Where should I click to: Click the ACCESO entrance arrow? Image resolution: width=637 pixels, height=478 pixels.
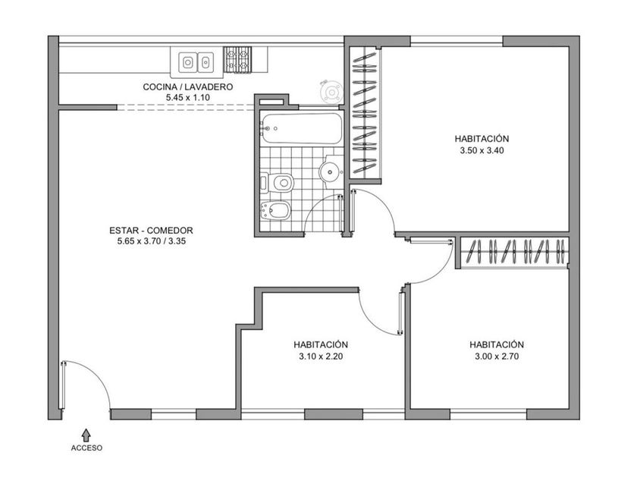(x=86, y=435)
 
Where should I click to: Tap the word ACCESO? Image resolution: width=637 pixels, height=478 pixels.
(x=86, y=448)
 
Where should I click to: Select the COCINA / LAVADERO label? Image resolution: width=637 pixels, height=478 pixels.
(x=188, y=86)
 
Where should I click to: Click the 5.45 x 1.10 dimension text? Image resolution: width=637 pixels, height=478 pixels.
(x=188, y=98)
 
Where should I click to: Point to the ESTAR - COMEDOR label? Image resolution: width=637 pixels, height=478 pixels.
(x=151, y=231)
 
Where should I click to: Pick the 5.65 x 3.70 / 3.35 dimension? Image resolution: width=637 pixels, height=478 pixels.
(x=152, y=241)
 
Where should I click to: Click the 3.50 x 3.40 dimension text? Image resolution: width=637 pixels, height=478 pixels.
(x=482, y=150)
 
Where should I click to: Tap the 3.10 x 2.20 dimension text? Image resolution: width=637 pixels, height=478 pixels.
(x=321, y=357)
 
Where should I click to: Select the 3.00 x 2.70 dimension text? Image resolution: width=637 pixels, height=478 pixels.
(x=497, y=357)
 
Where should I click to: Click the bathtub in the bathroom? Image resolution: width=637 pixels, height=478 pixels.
(x=302, y=128)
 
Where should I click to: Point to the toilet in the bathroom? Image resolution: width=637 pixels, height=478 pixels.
(x=278, y=183)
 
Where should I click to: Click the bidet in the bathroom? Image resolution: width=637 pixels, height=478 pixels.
(x=275, y=210)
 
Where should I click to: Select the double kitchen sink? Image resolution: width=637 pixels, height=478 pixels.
(x=196, y=62)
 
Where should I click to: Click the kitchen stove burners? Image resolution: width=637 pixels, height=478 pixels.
(x=237, y=60)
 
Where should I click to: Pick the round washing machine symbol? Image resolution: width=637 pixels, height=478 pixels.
(x=332, y=93)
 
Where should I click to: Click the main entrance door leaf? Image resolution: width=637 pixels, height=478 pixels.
(x=63, y=385)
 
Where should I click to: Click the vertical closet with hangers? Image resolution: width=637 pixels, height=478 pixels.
(x=365, y=112)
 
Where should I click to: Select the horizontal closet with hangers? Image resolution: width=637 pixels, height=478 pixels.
(x=515, y=252)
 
